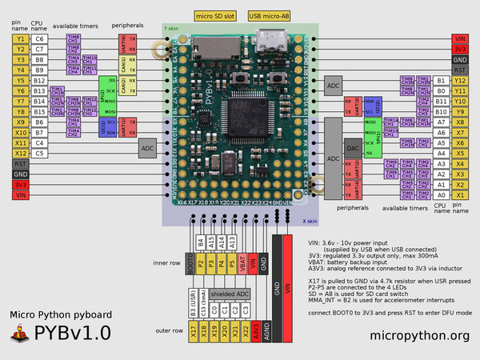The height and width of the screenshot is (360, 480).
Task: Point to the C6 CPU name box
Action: point(40,38)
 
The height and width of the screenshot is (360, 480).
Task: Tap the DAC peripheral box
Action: point(351,149)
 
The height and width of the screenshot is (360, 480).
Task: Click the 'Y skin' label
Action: point(171,27)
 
